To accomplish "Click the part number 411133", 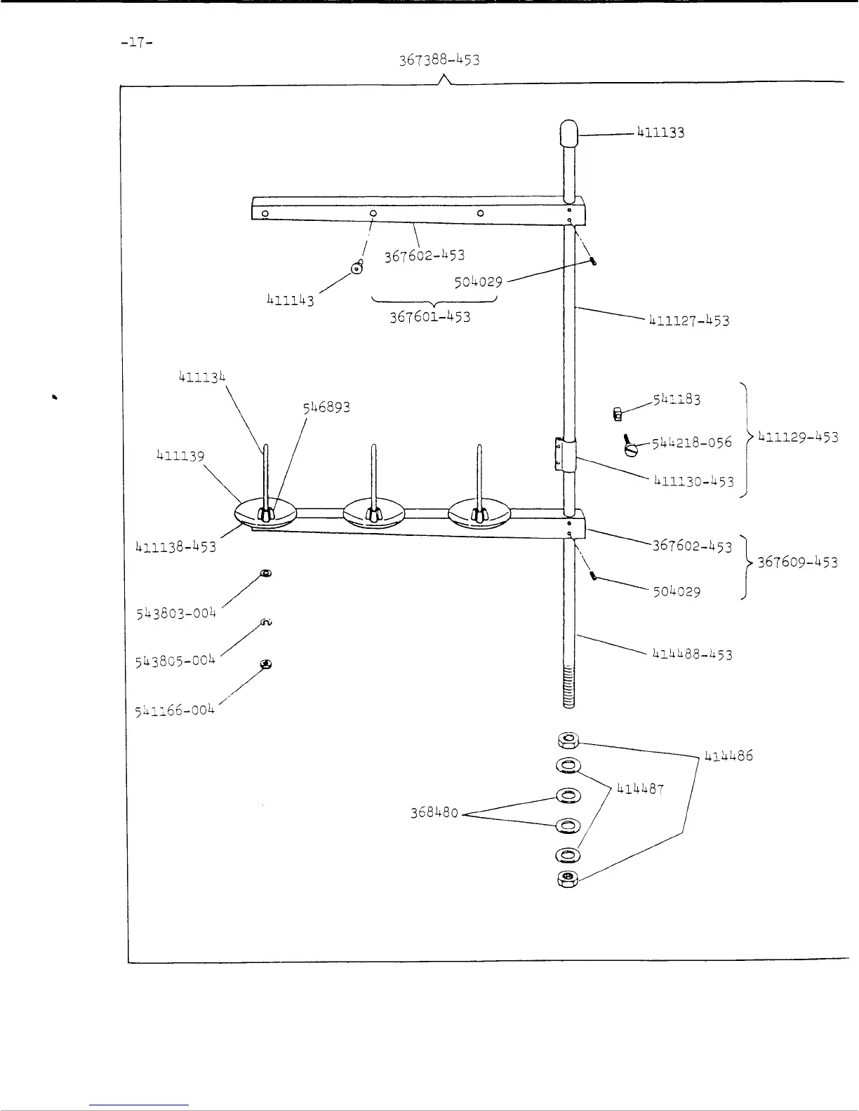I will (x=660, y=132).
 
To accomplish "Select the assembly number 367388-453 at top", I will (x=439, y=60).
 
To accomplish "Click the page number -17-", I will (x=137, y=42).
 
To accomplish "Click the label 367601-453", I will (x=430, y=316).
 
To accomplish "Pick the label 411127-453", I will (x=689, y=321).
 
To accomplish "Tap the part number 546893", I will (x=326, y=407).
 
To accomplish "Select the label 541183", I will (x=677, y=399).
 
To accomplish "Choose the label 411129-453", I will (x=798, y=437).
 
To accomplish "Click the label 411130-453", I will (x=693, y=481).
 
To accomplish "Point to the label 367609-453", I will (x=798, y=562).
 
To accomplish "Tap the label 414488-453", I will (x=692, y=654).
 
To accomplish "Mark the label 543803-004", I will (x=175, y=613).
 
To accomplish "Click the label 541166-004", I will (x=174, y=710).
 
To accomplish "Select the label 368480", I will (x=434, y=813).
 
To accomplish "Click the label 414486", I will (x=728, y=756).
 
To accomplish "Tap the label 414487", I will (x=640, y=789).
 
